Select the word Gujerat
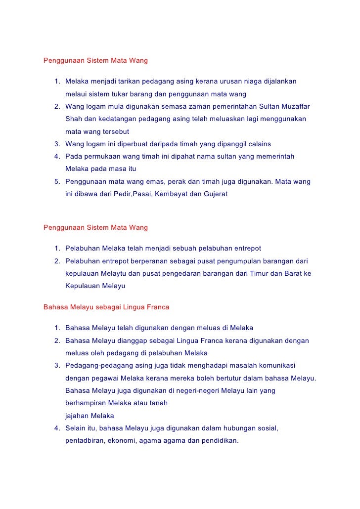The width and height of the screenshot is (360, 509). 215,194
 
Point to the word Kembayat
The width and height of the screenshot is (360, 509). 172,194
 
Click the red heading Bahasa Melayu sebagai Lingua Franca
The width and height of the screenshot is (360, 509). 106,307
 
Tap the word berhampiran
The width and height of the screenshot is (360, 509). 85,403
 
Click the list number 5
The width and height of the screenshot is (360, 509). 57,181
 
